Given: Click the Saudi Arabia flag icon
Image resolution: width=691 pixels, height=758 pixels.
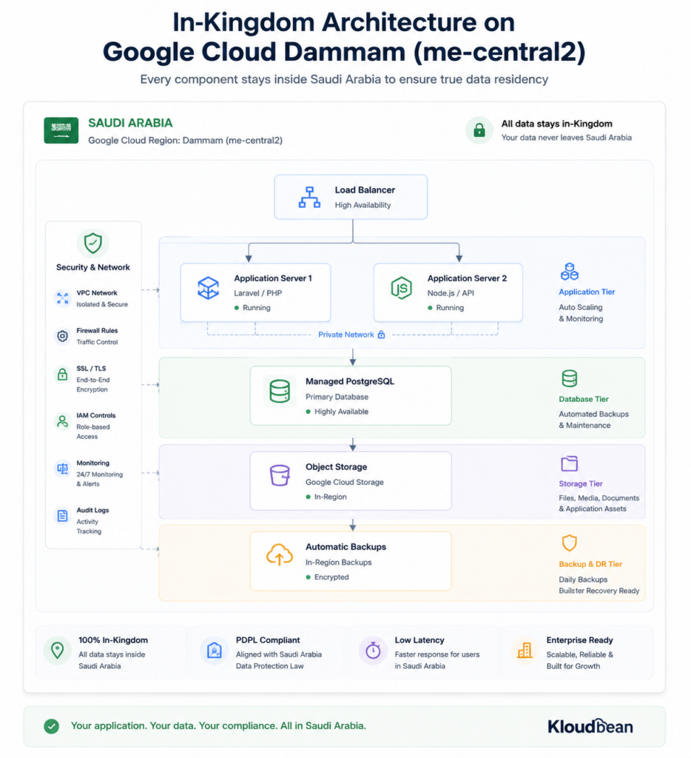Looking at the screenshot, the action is pos(61,130).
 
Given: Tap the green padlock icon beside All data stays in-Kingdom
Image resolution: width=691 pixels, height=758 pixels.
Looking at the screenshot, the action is pos(479,130).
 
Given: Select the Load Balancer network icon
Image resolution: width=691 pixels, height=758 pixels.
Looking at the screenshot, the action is pos(309,197).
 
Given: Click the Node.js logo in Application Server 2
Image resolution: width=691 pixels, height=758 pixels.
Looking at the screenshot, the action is pos(401,288).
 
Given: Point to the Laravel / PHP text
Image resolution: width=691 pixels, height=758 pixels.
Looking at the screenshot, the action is pos(257,293).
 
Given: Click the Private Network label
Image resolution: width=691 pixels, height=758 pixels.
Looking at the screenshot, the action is pos(346,335).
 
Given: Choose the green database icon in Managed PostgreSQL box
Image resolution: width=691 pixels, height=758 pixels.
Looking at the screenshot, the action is pos(280,391).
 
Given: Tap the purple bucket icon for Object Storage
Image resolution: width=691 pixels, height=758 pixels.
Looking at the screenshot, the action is pos(280,475).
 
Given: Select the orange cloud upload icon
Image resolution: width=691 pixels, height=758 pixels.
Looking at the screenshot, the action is pos(280,555).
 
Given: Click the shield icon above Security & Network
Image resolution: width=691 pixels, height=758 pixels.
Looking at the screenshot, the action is pos(92,243).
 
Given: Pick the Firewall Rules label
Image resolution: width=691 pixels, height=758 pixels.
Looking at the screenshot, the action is pos(97,331).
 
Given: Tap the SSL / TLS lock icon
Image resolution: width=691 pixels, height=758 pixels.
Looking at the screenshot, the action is pos(62,374).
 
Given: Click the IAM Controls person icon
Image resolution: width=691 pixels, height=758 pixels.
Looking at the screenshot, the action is pos(62,421).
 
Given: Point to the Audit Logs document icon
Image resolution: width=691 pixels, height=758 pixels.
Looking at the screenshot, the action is pos(62,516).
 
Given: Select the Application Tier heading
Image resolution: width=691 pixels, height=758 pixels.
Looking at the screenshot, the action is pos(587,292).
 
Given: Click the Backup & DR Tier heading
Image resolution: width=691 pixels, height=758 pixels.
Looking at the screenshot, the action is pos(590,564).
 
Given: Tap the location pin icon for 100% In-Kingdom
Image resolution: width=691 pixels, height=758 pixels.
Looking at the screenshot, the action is pos(58,650).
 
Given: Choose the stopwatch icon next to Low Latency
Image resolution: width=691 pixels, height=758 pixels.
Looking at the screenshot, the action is pos(373,650).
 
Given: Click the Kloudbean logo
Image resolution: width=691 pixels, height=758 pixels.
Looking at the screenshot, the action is pos(590,726).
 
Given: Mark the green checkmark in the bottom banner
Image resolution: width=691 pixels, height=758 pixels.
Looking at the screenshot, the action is pos(51,726).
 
